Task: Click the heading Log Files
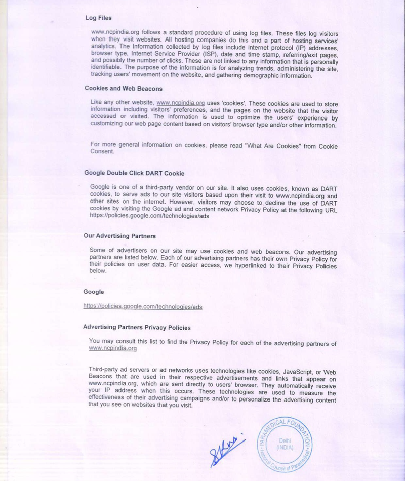98,18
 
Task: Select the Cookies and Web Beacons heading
123,88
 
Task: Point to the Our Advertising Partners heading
119,236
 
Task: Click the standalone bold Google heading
93,292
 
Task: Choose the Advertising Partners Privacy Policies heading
137,327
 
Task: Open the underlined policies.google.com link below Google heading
143,307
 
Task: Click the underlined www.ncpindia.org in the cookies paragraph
181,103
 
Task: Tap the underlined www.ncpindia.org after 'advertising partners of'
112,349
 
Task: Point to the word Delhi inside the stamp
285,440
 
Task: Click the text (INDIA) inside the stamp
285,448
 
